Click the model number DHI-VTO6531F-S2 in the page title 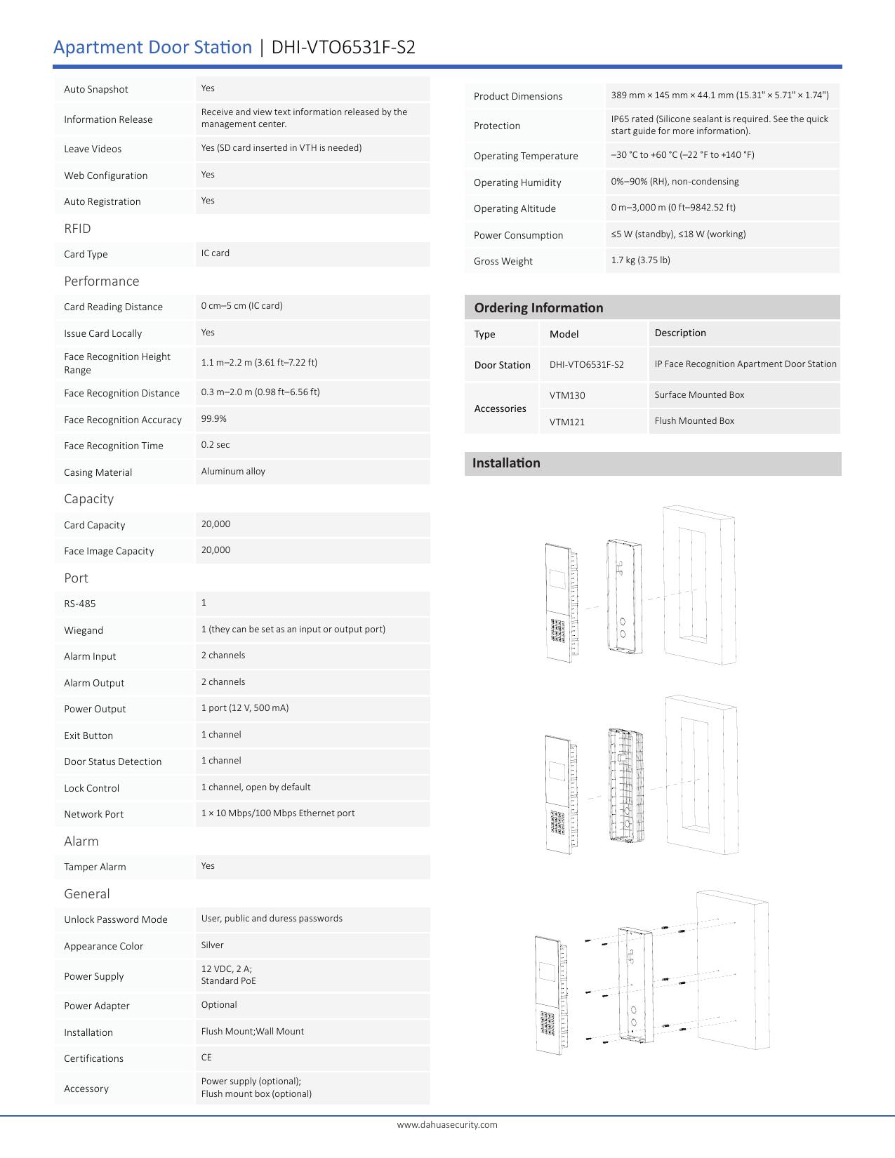pyautogui.click(x=343, y=47)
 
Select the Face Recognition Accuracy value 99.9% pyautogui.click(x=214, y=419)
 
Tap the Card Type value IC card pyautogui.click(x=216, y=253)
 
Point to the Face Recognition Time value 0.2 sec pyautogui.click(x=216, y=445)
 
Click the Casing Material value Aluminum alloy pyautogui.click(x=233, y=472)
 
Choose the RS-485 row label pyautogui.click(x=80, y=604)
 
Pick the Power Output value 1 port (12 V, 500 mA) pyautogui.click(x=245, y=708)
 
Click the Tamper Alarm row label pyautogui.click(x=95, y=867)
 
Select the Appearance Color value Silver pyautogui.click(x=213, y=945)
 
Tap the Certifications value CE pyautogui.click(x=206, y=1058)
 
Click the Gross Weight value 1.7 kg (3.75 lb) pyautogui.click(x=640, y=260)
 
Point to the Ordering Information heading pyautogui.click(x=538, y=308)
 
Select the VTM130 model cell pyautogui.click(x=567, y=395)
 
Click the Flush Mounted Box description pyautogui.click(x=694, y=421)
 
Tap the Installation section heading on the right pyautogui.click(x=506, y=463)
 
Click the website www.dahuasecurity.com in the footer pyautogui.click(x=447, y=1124)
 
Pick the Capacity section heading pyautogui.click(x=88, y=498)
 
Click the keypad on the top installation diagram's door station pyautogui.click(x=559, y=630)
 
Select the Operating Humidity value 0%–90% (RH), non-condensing pyautogui.click(x=675, y=182)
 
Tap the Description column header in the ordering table pyautogui.click(x=680, y=333)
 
